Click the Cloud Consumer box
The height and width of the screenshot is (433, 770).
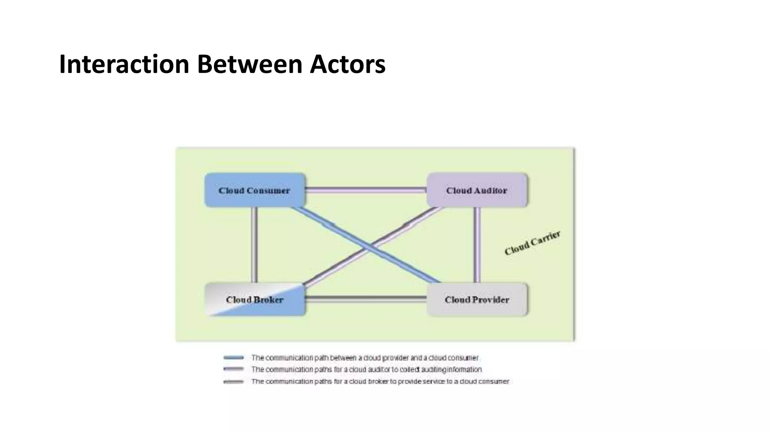tap(255, 190)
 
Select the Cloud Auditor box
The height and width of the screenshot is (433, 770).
tap(477, 190)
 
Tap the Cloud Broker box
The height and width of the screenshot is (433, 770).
tap(255, 300)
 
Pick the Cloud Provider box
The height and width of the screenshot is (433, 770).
tap(477, 300)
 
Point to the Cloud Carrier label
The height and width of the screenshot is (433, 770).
tap(532, 243)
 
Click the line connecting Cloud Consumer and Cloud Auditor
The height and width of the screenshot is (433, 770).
tap(366, 190)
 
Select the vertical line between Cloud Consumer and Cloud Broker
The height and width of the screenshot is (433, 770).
tap(255, 244)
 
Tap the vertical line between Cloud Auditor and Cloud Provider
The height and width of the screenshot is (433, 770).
tap(477, 244)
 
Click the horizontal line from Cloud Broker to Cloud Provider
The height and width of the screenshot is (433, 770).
tap(366, 299)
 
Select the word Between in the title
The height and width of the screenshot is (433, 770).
tap(250, 64)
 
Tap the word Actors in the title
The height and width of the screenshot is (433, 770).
tap(348, 64)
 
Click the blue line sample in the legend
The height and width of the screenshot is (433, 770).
tap(233, 357)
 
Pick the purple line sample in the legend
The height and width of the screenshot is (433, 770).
tap(233, 369)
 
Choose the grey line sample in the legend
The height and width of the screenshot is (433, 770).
tap(233, 382)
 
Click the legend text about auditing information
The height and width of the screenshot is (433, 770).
tap(367, 369)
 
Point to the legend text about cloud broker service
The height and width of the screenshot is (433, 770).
tap(380, 382)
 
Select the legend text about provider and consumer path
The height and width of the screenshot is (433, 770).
tap(365, 357)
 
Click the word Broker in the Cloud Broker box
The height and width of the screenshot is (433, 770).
tap(268, 300)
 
